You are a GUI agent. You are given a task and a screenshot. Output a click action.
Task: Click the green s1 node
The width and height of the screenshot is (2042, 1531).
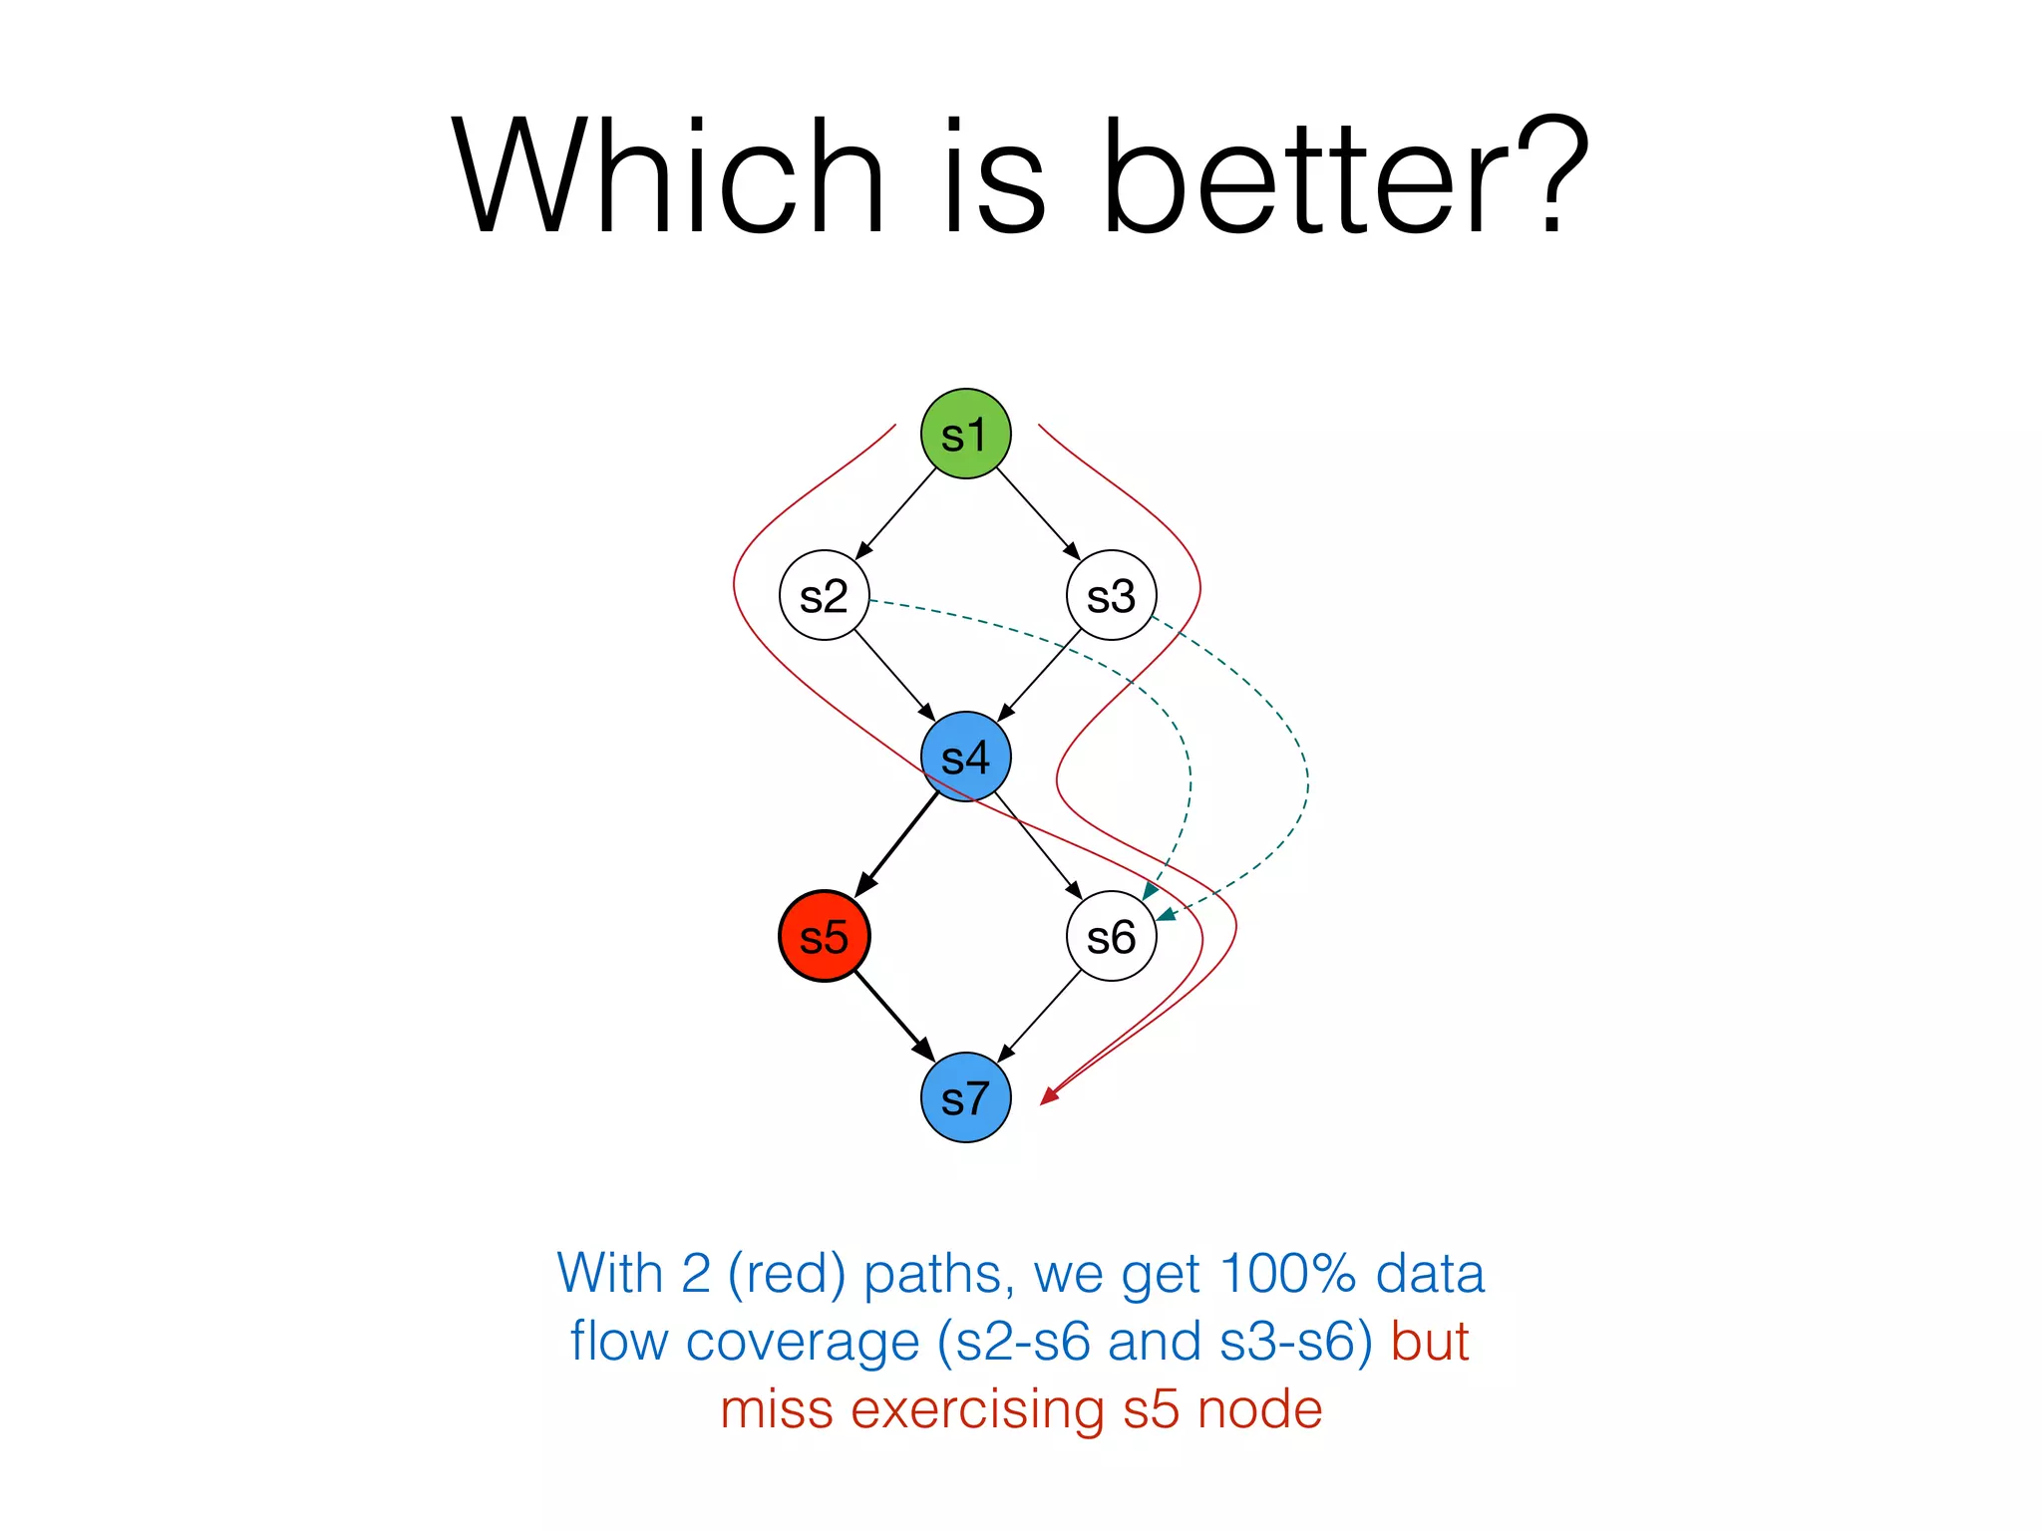[x=965, y=434]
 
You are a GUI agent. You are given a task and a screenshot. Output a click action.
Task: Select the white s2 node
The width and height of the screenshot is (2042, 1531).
[x=824, y=595]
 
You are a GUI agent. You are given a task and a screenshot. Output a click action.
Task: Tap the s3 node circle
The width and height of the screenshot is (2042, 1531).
[x=1111, y=595]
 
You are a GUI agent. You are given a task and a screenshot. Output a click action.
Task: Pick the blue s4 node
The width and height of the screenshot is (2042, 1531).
[x=965, y=757]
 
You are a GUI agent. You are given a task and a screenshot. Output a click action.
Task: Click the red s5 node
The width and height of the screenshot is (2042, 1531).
[x=824, y=936]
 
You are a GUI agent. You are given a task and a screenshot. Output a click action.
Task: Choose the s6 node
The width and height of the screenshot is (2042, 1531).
[x=1111, y=936]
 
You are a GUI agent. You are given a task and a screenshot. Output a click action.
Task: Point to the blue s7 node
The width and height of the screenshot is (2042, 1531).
[x=965, y=1097]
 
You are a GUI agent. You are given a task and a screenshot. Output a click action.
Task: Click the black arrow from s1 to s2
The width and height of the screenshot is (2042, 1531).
[x=895, y=513]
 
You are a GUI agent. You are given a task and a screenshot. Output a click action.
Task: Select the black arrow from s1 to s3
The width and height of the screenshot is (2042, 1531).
[x=1038, y=513]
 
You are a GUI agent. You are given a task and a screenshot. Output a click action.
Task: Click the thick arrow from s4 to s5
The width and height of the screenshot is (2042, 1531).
[x=896, y=844]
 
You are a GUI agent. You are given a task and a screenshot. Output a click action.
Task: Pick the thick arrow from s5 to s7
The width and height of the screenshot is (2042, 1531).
[x=894, y=1017]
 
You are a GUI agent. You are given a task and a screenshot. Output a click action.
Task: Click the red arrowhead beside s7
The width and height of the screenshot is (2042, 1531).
[x=1049, y=1095]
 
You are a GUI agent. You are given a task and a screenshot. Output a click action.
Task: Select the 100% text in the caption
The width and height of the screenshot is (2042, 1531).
[x=1287, y=1274]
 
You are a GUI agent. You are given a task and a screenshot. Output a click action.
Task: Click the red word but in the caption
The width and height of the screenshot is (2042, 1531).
[x=1430, y=1342]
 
